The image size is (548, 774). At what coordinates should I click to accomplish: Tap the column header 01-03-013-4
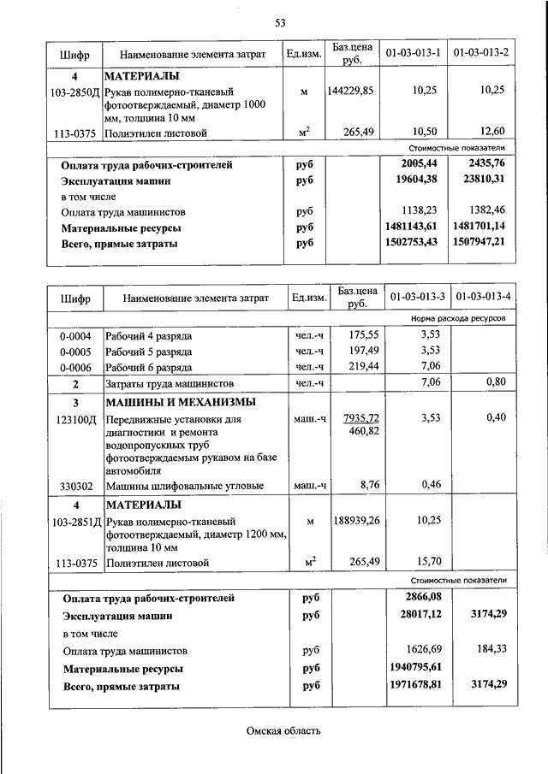tap(484, 297)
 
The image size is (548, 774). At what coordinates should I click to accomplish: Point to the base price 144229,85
tap(350, 90)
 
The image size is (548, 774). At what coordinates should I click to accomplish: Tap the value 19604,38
tap(413, 180)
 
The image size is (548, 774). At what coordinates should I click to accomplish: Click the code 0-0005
tap(74, 351)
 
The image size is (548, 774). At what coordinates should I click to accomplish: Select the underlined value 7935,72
tap(360, 417)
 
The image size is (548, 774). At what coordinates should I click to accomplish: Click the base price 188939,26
tap(353, 520)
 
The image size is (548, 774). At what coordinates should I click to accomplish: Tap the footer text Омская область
tap(283, 731)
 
